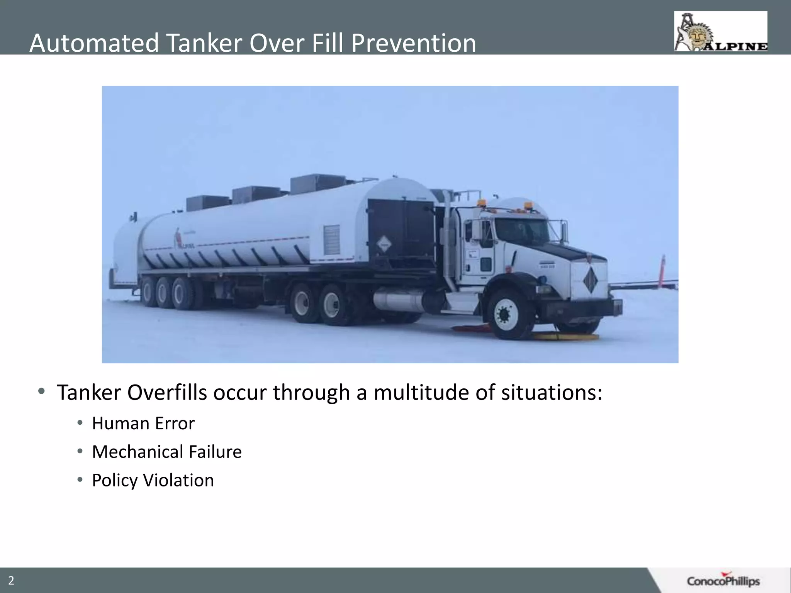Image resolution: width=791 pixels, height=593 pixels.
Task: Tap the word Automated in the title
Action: tap(94, 43)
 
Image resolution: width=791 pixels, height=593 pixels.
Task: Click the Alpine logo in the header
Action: tap(721, 31)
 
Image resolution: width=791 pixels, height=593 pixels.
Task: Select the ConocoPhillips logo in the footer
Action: tap(723, 581)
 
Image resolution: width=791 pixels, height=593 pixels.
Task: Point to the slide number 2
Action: tap(11, 581)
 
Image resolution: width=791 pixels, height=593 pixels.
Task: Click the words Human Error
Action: tap(143, 424)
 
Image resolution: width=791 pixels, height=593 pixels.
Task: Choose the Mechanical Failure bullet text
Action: tap(166, 452)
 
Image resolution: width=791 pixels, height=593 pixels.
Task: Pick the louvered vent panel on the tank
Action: tap(331, 240)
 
